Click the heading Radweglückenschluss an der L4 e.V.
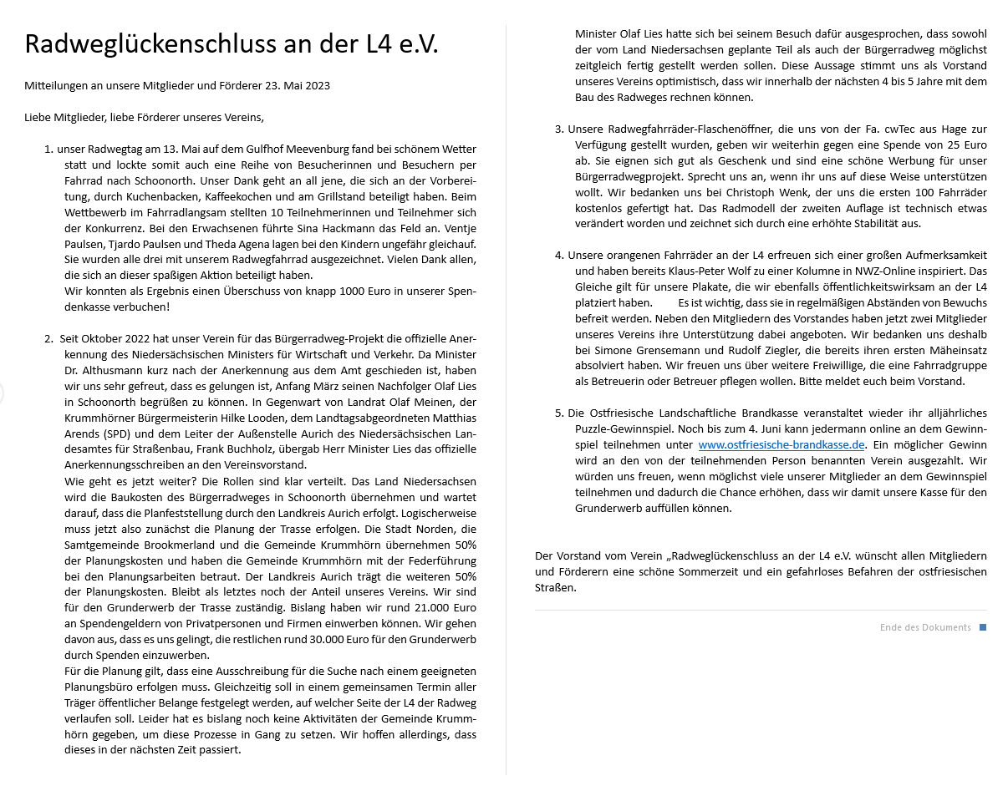click(x=232, y=44)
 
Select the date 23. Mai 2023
click(x=296, y=86)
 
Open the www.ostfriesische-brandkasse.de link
click(x=781, y=444)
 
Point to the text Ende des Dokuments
click(x=925, y=627)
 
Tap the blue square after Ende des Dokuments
click(x=983, y=627)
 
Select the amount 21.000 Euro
click(x=440, y=608)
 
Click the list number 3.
click(x=559, y=129)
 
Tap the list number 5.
click(x=559, y=413)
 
